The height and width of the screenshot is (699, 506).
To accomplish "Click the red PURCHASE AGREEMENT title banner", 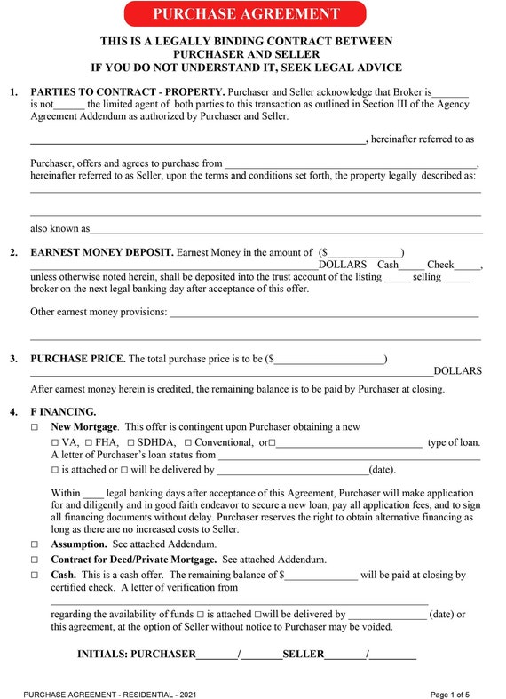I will pyautogui.click(x=246, y=13).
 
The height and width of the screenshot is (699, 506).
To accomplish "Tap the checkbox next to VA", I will pyautogui.click(x=55, y=442).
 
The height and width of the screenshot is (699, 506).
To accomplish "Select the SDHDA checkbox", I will pyautogui.click(x=131, y=442).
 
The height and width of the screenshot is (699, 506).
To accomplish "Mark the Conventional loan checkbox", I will pyautogui.click(x=187, y=442).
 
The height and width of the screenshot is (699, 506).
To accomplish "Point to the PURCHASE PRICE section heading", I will pyautogui.click(x=78, y=359).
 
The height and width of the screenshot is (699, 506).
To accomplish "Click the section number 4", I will pyautogui.click(x=13, y=412).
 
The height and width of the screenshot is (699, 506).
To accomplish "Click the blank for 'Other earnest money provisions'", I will pyautogui.click(x=324, y=313).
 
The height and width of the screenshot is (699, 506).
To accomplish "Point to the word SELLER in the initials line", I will pyautogui.click(x=304, y=655).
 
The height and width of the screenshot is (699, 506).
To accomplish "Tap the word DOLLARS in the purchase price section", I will pyautogui.click(x=457, y=370).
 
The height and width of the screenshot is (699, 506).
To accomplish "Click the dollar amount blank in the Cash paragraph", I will pyautogui.click(x=320, y=576).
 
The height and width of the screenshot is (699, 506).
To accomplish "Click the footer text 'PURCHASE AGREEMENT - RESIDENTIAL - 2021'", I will pyautogui.click(x=111, y=694).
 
